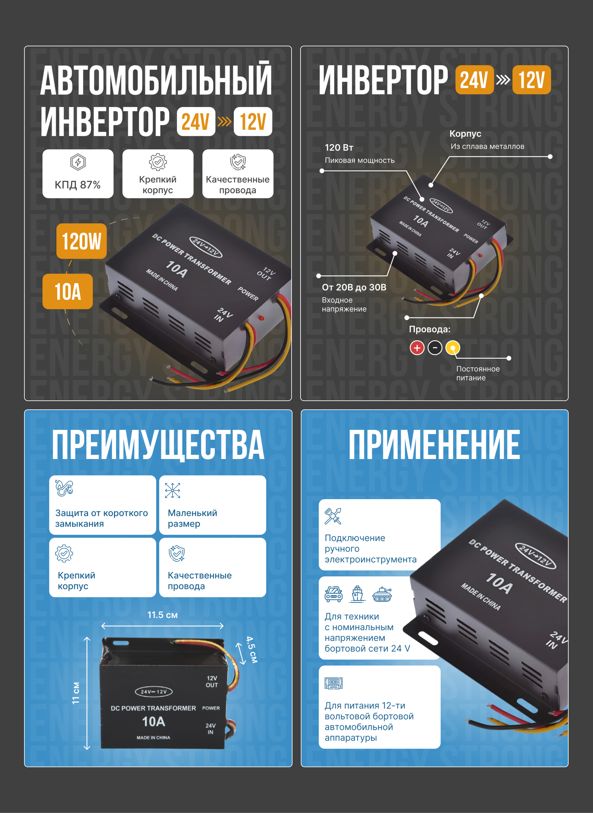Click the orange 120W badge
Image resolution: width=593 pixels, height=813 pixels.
pos(82,241)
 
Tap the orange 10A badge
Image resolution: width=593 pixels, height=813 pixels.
pos(67,291)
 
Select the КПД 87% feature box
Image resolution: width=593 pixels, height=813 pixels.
pos(78,174)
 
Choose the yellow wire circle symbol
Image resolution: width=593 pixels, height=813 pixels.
pos(453,348)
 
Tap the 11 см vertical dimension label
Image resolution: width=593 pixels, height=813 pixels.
pos(76,693)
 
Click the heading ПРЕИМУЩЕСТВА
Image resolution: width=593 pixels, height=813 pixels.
pos(158,445)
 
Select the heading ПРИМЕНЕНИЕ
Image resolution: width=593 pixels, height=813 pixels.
pos(434,445)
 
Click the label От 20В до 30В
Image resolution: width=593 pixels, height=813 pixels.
pos(354,287)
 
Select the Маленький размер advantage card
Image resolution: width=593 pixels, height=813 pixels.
pos(213,505)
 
